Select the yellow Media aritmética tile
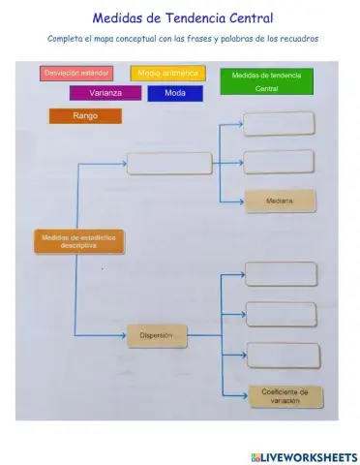[167, 73]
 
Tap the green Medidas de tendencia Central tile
[266, 81]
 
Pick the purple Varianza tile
[105, 94]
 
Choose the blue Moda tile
[175, 94]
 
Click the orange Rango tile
[85, 116]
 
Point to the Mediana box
[279, 201]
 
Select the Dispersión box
[156, 336]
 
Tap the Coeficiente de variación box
[285, 396]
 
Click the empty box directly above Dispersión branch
[168, 164]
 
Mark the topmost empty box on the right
[279, 124]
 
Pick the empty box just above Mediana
[279, 161]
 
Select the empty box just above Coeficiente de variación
[283, 356]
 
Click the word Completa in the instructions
[65, 39]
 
